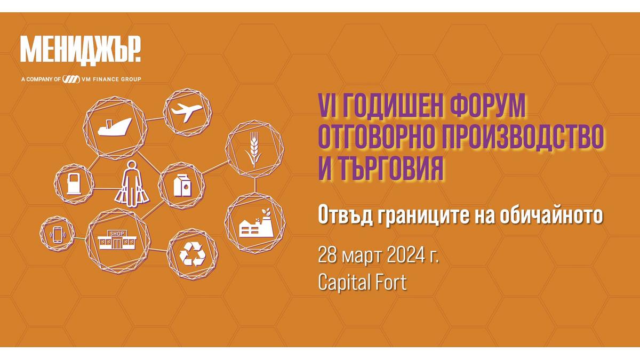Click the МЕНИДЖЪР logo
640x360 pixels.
click(x=81, y=51)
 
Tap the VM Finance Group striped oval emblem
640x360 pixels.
click(x=71, y=79)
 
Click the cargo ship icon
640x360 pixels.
click(x=115, y=127)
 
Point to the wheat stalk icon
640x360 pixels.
click(x=253, y=149)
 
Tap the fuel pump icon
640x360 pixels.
click(x=74, y=185)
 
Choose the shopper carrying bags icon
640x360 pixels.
click(x=132, y=185)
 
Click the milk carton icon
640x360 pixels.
click(x=182, y=186)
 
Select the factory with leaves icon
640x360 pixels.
click(x=256, y=223)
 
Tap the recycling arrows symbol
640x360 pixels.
click(x=193, y=254)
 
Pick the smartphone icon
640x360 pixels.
click(x=58, y=235)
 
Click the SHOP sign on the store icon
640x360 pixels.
click(x=117, y=234)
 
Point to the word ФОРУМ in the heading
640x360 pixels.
click(x=487, y=106)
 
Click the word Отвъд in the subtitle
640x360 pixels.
click(x=345, y=215)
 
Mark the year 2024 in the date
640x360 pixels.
click(x=406, y=255)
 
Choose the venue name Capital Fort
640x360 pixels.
click(x=362, y=282)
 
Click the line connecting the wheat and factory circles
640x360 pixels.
click(x=255, y=185)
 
